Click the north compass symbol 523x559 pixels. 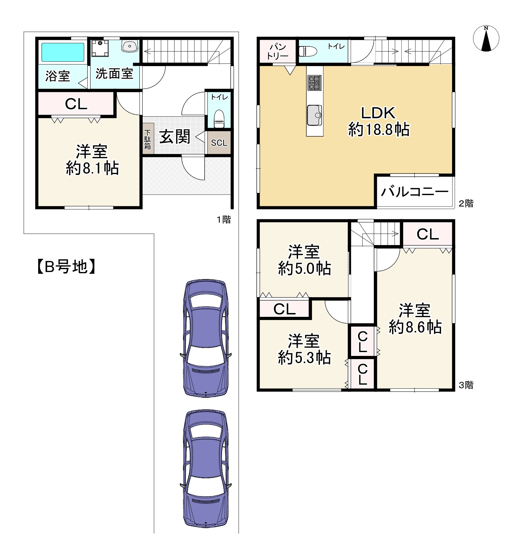486,38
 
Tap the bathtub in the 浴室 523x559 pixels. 63,52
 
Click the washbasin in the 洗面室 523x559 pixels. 130,46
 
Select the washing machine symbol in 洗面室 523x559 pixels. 100,48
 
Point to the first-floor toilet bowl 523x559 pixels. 219,119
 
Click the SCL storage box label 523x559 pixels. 219,143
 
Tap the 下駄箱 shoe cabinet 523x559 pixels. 148,139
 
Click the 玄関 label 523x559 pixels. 175,137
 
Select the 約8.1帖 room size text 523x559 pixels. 92,168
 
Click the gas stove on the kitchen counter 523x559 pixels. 315,83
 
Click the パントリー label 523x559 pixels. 278,51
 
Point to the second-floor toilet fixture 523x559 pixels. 308,51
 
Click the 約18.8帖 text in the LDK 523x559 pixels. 379,130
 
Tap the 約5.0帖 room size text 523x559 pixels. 304,269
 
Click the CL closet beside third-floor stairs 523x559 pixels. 428,235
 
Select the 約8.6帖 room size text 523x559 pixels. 415,327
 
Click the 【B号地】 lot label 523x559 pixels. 66,267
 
